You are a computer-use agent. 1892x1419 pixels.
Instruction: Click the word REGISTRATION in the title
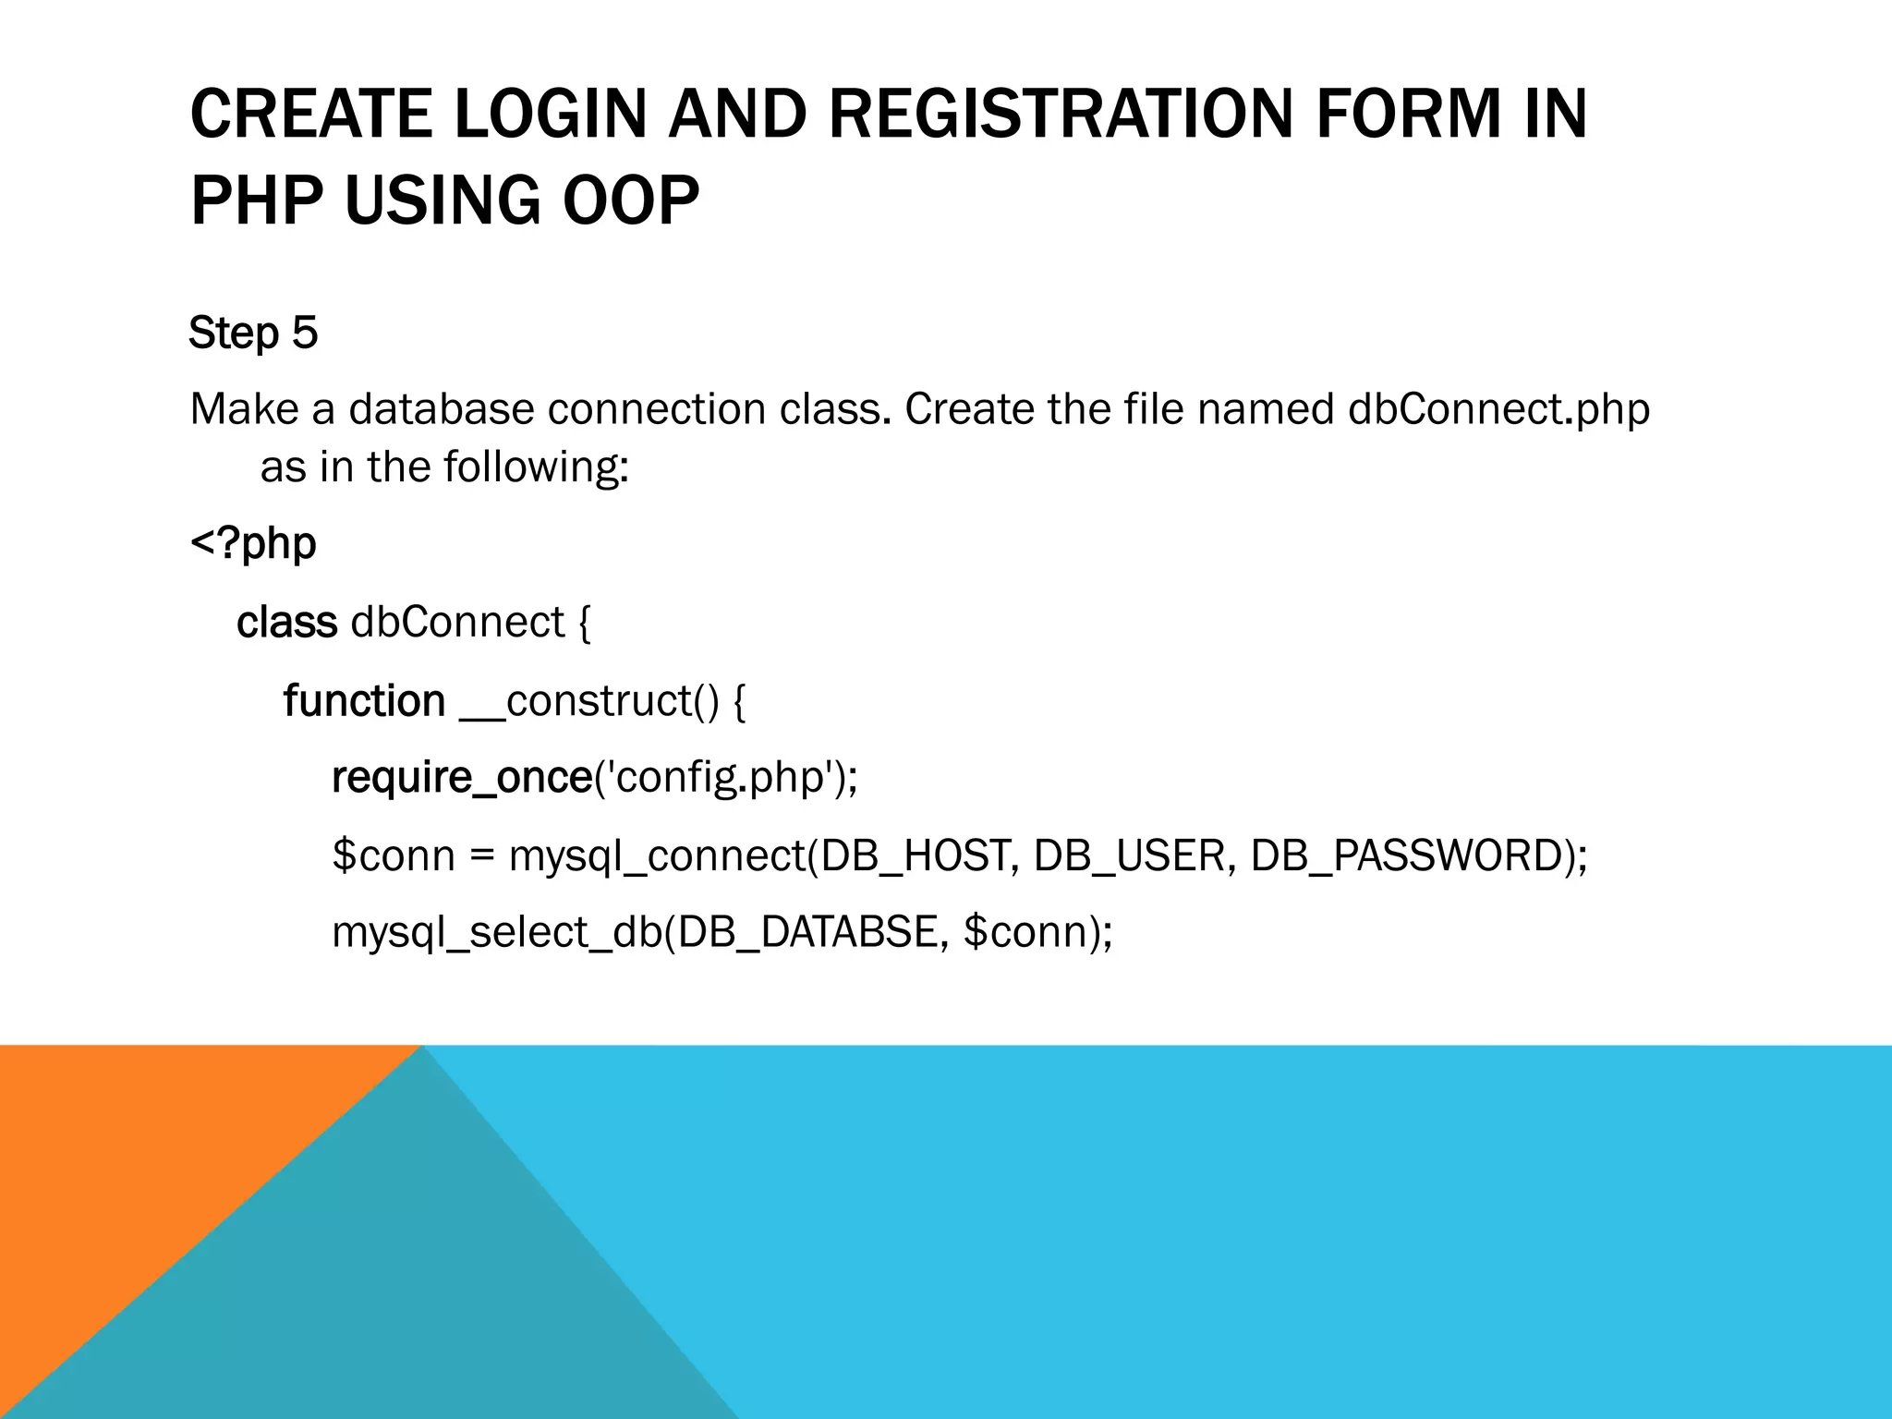1061,115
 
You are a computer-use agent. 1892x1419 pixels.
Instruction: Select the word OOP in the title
631,200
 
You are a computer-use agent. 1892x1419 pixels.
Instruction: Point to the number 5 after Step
305,333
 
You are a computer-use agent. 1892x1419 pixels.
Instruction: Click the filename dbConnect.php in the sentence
1498,409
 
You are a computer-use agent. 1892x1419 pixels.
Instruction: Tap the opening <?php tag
253,543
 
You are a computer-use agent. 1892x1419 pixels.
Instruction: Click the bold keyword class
286,622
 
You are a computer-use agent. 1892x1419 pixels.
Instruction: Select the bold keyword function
364,700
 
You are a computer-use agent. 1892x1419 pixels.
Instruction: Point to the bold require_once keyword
461,778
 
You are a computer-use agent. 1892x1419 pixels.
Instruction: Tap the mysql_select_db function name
497,932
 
